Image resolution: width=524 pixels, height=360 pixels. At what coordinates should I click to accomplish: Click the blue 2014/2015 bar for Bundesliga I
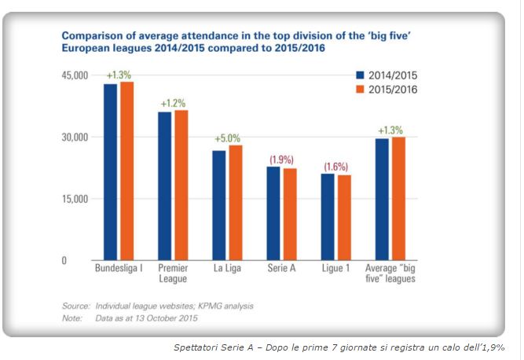click(x=111, y=172)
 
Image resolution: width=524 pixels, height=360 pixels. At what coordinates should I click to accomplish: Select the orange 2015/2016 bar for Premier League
click(x=181, y=186)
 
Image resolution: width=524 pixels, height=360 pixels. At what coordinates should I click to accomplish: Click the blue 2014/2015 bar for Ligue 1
click(x=328, y=218)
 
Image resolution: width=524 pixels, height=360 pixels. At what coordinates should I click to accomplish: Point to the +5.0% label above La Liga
click(x=227, y=139)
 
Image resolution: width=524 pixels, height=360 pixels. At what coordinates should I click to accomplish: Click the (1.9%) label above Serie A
click(x=281, y=160)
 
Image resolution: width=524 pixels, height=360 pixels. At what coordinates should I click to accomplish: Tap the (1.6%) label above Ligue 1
click(x=335, y=167)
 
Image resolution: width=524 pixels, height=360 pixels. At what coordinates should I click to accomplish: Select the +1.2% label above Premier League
click(x=173, y=104)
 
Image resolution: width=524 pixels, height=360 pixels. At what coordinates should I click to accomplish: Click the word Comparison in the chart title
click(x=92, y=36)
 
